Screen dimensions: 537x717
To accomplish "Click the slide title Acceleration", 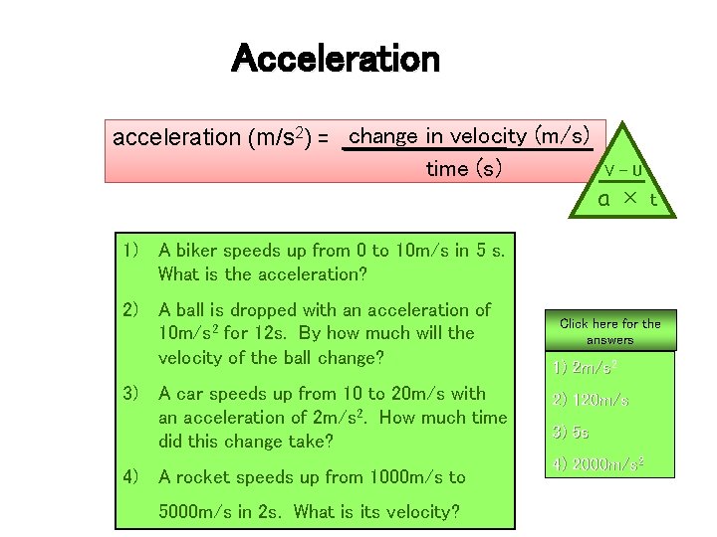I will pyautogui.click(x=335, y=60).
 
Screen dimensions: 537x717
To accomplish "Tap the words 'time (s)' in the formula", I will pyautogui.click(x=463, y=169).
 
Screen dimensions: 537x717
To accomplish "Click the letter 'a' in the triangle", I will pyautogui.click(x=603, y=198).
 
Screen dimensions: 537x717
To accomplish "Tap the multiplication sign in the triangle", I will pyautogui.click(x=628, y=197).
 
